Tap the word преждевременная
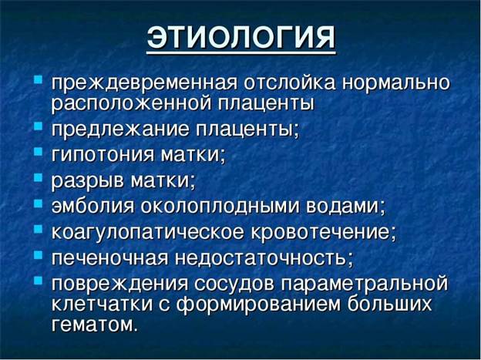[144, 83]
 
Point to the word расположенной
[131, 104]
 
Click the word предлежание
[120, 130]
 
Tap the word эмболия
[92, 207]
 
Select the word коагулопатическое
[148, 232]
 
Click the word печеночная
[109, 258]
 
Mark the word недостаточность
[261, 258]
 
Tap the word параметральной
[365, 284]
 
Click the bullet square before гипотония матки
[38, 152]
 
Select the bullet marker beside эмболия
[38, 204]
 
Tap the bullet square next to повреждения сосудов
[38, 281]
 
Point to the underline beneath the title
[241, 52]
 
